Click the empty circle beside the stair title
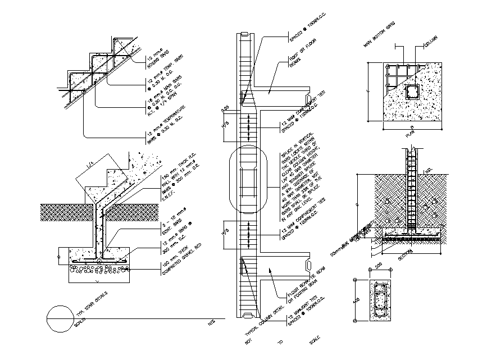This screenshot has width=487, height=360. tap(60, 317)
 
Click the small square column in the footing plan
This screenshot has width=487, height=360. tap(411, 92)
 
